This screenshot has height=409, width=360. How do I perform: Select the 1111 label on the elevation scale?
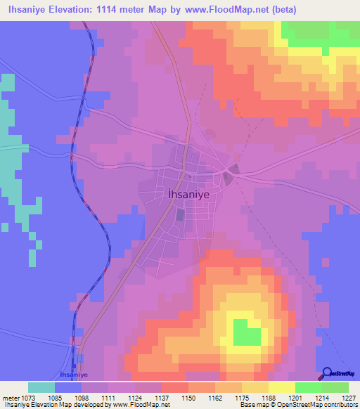pyautogui.click(x=108, y=397)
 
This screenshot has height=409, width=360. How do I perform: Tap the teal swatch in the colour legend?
pyautogui.click(x=41, y=387)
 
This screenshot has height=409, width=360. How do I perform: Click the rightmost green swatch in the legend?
pyautogui.click(x=335, y=387)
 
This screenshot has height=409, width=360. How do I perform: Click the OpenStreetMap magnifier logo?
pyautogui.click(x=327, y=372)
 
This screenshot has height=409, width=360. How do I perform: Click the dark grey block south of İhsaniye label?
pyautogui.click(x=179, y=214)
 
